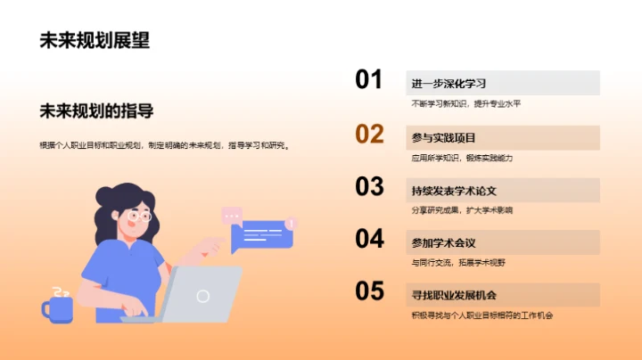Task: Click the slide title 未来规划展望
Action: tap(95, 40)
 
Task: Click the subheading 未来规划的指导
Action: tap(96, 111)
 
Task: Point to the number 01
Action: tap(369, 80)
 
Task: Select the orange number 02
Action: tap(369, 135)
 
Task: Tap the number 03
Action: tap(369, 186)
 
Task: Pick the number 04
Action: tap(369, 239)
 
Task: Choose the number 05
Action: tap(369, 291)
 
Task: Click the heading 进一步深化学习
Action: tap(449, 84)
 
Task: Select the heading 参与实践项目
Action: tap(443, 138)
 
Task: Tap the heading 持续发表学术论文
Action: tap(454, 191)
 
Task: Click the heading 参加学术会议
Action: tap(443, 243)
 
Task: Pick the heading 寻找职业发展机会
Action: tap(454, 295)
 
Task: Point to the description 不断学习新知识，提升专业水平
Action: tap(465, 104)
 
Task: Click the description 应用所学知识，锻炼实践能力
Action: tap(462, 158)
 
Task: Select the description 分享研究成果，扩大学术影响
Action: tap(462, 210)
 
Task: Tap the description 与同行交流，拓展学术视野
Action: tap(458, 263)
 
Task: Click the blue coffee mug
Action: tap(58, 307)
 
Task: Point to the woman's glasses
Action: tap(138, 216)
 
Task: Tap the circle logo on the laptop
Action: tap(203, 296)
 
